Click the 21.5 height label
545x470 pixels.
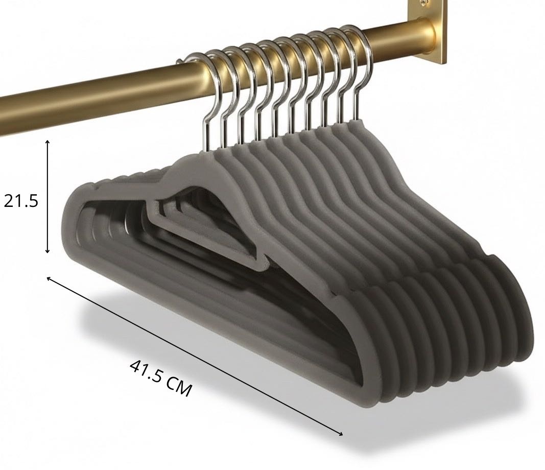tap(21, 201)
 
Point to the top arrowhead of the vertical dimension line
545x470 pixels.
tap(48, 142)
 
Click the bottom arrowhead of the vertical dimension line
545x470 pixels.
tap(48, 251)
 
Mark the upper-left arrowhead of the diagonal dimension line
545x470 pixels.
tap(49, 278)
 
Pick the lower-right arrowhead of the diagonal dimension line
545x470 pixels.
tap(340, 434)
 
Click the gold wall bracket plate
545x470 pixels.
tap(427, 31)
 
